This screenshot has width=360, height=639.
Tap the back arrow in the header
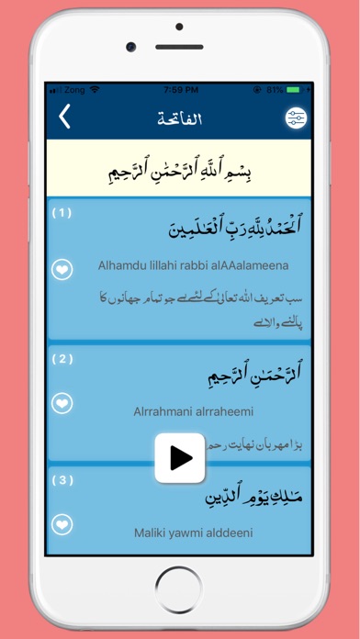tap(64, 118)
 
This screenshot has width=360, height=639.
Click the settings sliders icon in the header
tap(296, 119)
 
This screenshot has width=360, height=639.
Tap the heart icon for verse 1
tap(62, 270)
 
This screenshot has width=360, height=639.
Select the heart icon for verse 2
tap(62, 402)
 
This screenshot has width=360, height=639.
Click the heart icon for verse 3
tap(62, 525)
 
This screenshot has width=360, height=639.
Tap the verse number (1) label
tap(62, 213)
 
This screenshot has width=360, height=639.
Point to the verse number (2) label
tap(62, 359)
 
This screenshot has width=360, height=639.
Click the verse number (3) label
tap(62, 480)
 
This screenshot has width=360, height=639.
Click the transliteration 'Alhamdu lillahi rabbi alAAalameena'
tap(193, 265)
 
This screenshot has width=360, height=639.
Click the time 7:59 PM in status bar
tap(179, 90)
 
